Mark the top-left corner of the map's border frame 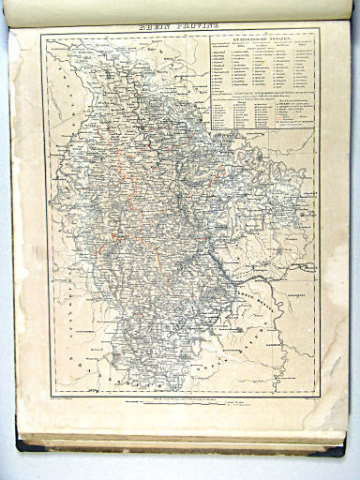pyautogui.click(x=42, y=37)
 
